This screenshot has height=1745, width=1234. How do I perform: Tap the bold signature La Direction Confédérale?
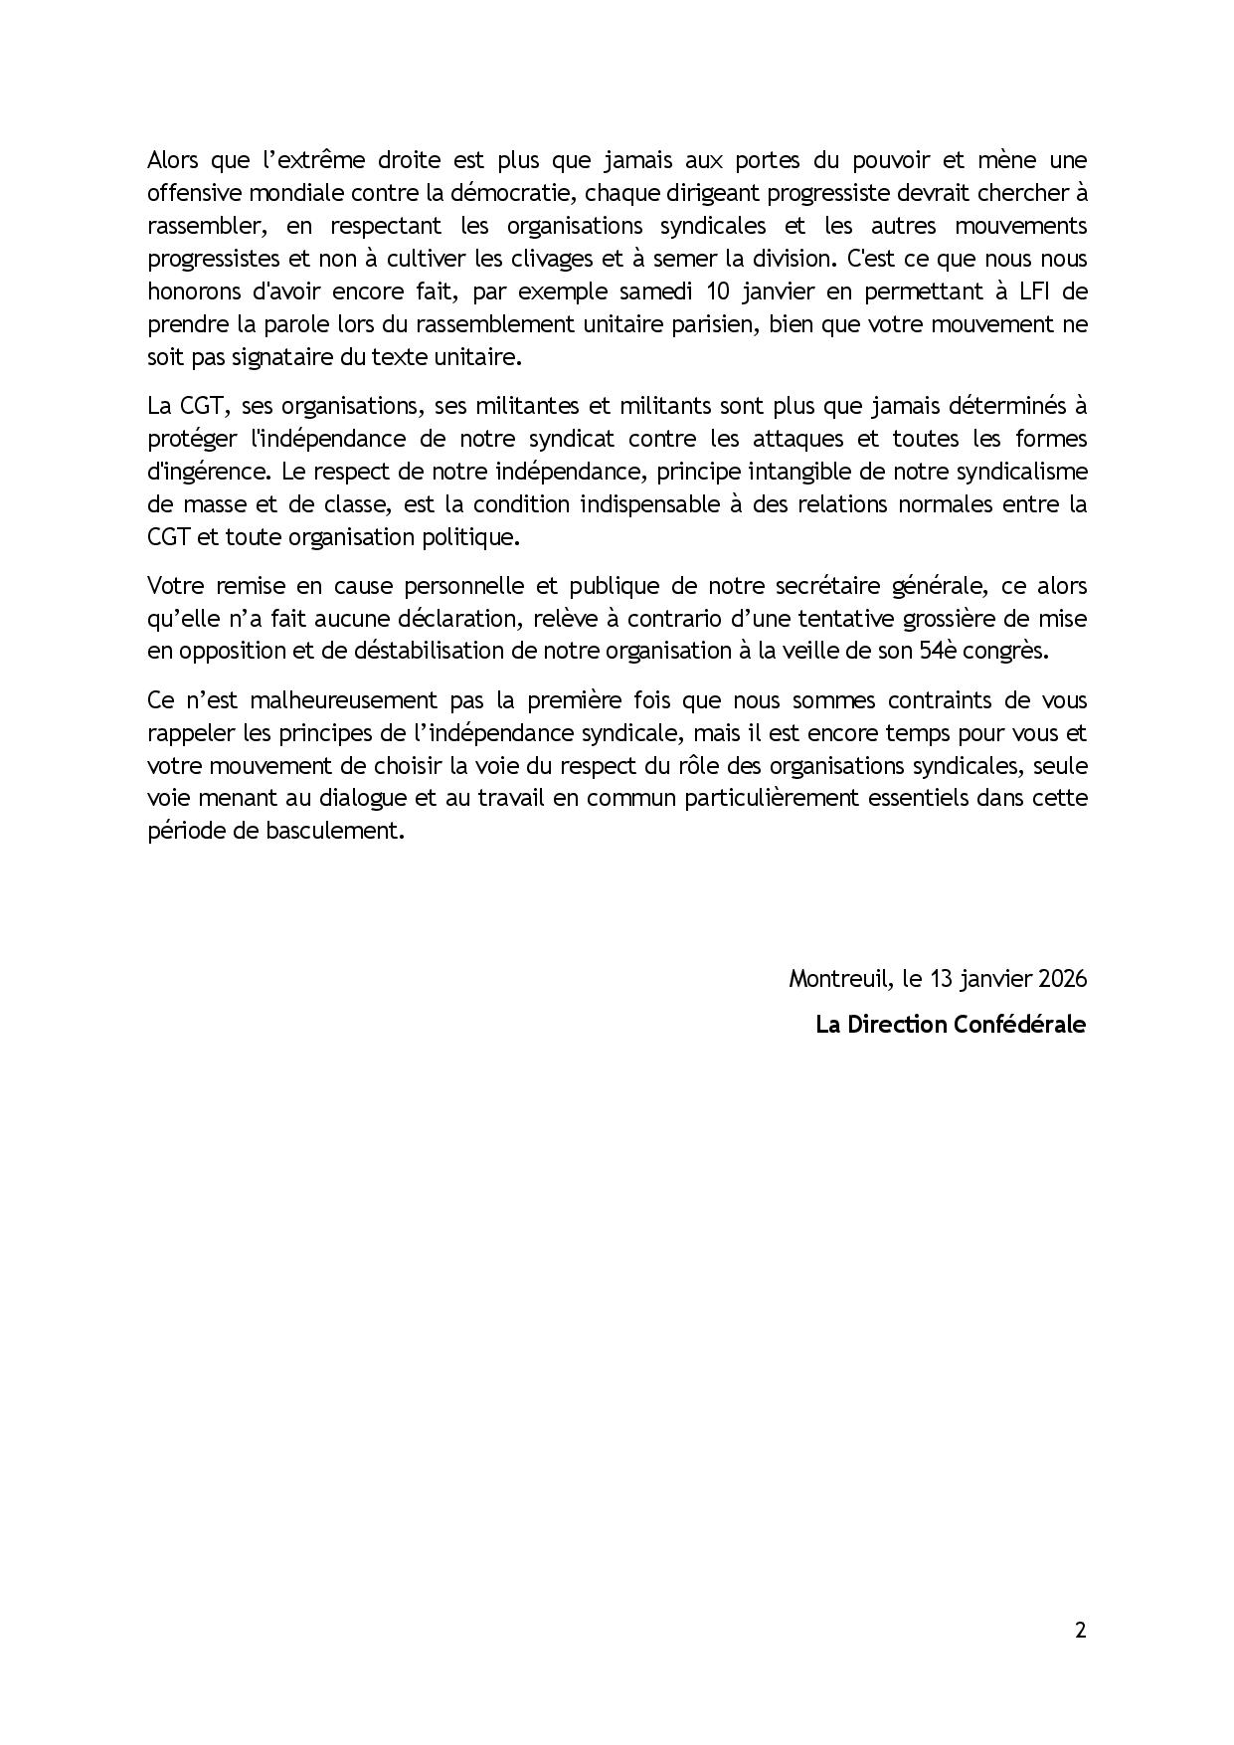951,1024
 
